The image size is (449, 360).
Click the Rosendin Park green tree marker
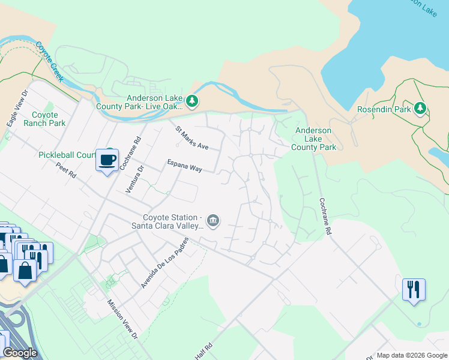pos(421,109)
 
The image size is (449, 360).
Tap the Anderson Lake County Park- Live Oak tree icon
pos(192,101)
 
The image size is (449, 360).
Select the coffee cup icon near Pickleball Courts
pos(107,160)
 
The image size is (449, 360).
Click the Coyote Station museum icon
pos(214,221)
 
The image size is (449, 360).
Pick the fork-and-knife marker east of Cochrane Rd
pos(414,290)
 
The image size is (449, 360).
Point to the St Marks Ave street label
pos(191,138)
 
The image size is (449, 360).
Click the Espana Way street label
pos(184,166)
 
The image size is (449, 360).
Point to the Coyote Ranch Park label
pos(44,119)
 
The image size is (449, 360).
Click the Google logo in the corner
pos(20,353)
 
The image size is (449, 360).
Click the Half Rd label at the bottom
pos(203,352)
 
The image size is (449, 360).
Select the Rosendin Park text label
pos(384,109)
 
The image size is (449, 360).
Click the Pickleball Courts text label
pos(66,155)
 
